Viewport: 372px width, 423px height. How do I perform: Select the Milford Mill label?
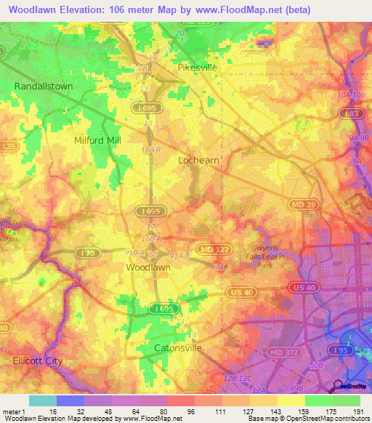pyautogui.click(x=97, y=140)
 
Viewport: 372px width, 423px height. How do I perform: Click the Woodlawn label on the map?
pyautogui.click(x=149, y=267)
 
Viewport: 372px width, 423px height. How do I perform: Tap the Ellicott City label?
pyautogui.click(x=38, y=360)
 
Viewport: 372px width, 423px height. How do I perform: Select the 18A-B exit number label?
pyautogui.click(x=150, y=148)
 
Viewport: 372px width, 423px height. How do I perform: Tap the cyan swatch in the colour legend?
pyautogui.click(x=42, y=400)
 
